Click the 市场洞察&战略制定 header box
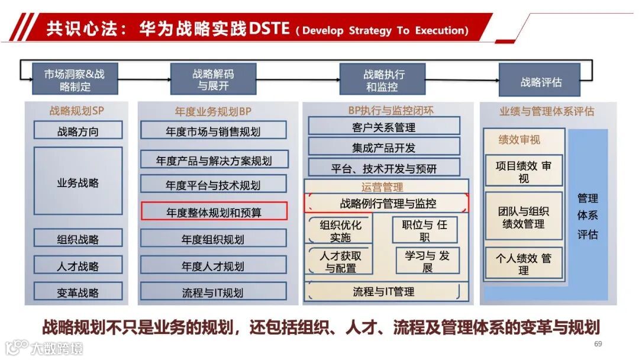74,80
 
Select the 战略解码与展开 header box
213,80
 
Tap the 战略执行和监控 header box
382,80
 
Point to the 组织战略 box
78,239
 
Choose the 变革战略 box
78,292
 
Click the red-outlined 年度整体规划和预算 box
214,211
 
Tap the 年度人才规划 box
213,266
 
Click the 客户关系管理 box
383,127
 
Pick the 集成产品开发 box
383,147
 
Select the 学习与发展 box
427,261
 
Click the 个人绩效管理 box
524,264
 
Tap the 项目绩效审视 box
524,172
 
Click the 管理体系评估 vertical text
588,216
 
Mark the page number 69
598,344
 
